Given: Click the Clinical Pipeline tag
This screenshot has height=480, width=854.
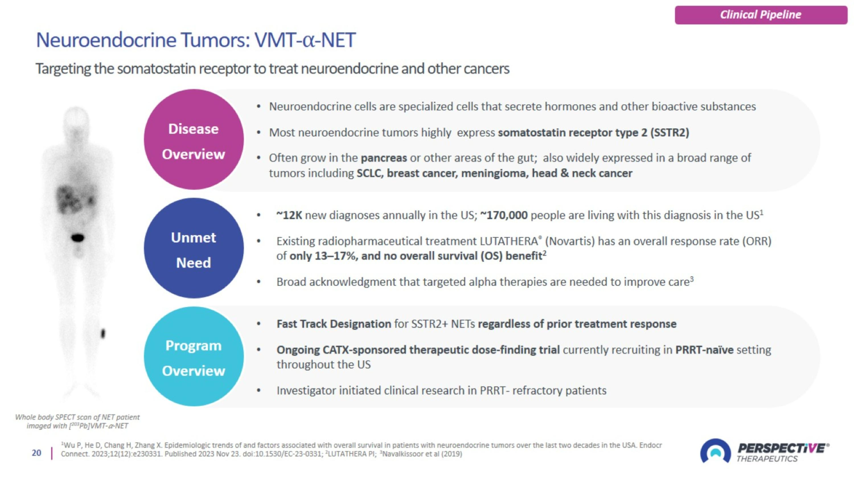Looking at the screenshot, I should [x=761, y=15].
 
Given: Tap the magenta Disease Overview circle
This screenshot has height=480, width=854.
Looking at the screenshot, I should [x=194, y=139].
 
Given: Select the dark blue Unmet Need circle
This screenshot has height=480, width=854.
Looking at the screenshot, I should [x=194, y=248].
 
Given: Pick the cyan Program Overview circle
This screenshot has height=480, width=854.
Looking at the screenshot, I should [x=194, y=357].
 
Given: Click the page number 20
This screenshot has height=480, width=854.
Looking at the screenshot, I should [x=36, y=453].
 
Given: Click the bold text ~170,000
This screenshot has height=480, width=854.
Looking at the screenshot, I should [x=504, y=216].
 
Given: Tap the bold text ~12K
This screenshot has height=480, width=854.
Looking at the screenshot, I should [x=289, y=216].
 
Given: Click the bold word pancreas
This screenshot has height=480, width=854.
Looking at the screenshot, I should [x=383, y=158].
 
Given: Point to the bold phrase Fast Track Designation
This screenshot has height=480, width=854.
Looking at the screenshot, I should [x=334, y=324].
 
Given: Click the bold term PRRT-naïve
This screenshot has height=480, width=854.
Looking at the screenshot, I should [x=705, y=350].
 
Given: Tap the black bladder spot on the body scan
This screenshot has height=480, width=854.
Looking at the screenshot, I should [x=78, y=238].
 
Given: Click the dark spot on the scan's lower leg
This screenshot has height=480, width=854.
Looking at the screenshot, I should [x=103, y=333].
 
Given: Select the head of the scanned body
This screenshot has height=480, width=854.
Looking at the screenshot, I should [x=76, y=119].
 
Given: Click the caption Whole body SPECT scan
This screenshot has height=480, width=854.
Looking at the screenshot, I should [x=77, y=417].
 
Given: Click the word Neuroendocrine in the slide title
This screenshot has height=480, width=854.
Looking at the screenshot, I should [x=106, y=40].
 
